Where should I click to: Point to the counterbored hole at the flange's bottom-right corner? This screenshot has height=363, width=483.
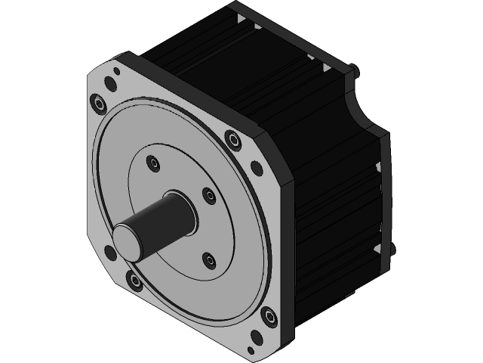tap(268, 316)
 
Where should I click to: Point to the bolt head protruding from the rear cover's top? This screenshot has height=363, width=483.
tap(352, 70)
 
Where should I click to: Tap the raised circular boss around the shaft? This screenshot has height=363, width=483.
tap(226, 227)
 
